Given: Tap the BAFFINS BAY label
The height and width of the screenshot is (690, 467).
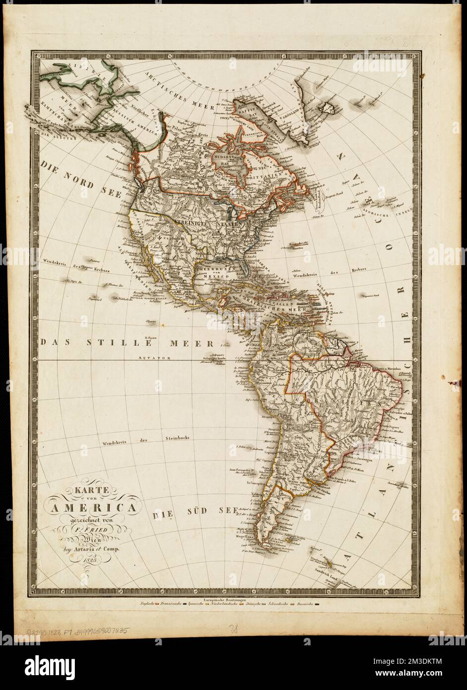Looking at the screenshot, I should pyautogui.click(x=260, y=115).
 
